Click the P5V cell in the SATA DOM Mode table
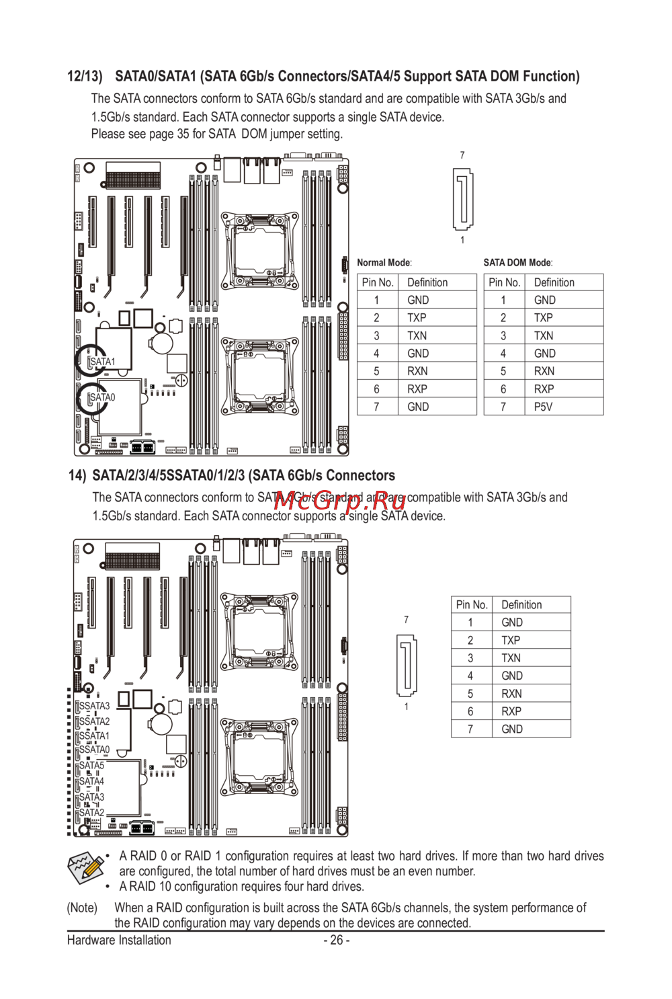pyautogui.click(x=543, y=407)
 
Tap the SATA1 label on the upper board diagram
pyautogui.click(x=103, y=361)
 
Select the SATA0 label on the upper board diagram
pyautogui.click(x=103, y=397)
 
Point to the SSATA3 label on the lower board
pyautogui.click(x=94, y=705)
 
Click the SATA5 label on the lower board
pyautogui.click(x=91, y=765)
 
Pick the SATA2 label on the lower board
pyautogui.click(x=91, y=813)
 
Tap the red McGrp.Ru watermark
pyautogui.click(x=340, y=502)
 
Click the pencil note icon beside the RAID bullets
pyautogui.click(x=85, y=867)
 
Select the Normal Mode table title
pyautogui.click(x=384, y=263)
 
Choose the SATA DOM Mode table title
pyautogui.click(x=518, y=263)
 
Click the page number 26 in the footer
pyautogui.click(x=337, y=940)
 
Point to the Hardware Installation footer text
pyautogui.click(x=119, y=940)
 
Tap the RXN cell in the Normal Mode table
pyautogui.click(x=417, y=371)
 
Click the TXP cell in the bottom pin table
pyautogui.click(x=511, y=641)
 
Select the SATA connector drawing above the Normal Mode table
pyautogui.click(x=463, y=199)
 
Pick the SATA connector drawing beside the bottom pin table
pyautogui.click(x=407, y=665)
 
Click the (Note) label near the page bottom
pyautogui.click(x=82, y=908)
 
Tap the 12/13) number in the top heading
pyautogui.click(x=85, y=76)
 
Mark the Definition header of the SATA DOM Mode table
pyautogui.click(x=554, y=282)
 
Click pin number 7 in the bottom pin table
pyautogui.click(x=470, y=729)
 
